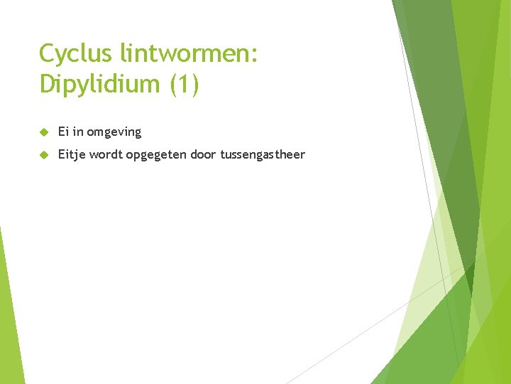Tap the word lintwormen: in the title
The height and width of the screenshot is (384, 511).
point(189,54)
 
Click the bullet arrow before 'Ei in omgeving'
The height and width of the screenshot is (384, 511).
point(43,132)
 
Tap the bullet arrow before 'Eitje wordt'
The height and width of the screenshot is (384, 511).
point(43,154)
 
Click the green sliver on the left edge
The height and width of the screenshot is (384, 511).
point(9,313)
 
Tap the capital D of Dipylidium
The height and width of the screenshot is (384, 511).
point(48,84)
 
